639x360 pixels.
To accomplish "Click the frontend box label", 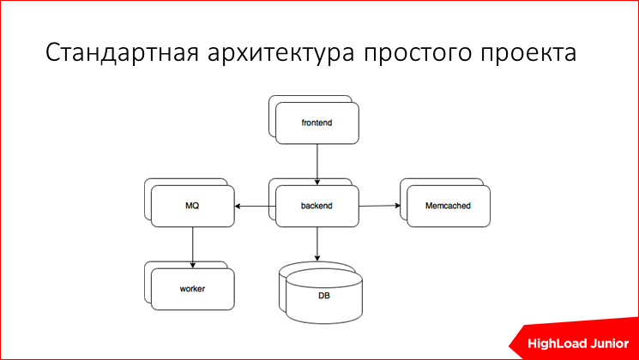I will point(316,123).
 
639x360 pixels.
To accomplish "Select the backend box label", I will point(316,207).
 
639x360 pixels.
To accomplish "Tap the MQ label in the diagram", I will point(192,207).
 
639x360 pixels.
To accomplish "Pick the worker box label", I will point(192,289).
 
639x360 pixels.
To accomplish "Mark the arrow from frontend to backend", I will point(317,163).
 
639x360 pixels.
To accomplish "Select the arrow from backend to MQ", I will point(256,207).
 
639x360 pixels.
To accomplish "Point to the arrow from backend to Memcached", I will point(379,206).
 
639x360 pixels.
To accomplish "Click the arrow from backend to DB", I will point(317,244).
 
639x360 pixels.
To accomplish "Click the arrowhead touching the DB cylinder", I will point(317,259).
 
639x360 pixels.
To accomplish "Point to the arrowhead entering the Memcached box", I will point(396,206).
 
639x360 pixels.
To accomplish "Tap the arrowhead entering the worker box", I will point(192,261).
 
